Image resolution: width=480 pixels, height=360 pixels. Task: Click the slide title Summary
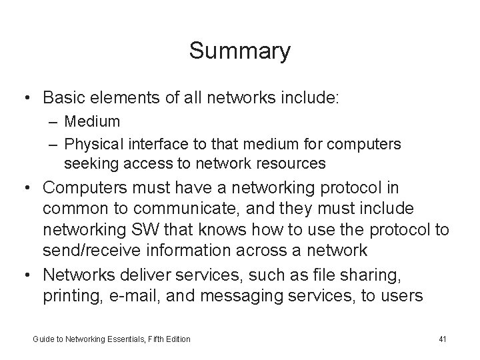click(239, 51)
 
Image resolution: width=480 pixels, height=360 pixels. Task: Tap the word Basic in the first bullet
click(63, 97)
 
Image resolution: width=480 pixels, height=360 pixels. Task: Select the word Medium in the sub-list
click(93, 121)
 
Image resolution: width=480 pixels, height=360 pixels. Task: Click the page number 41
click(443, 339)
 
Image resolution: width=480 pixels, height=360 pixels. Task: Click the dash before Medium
click(53, 121)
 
